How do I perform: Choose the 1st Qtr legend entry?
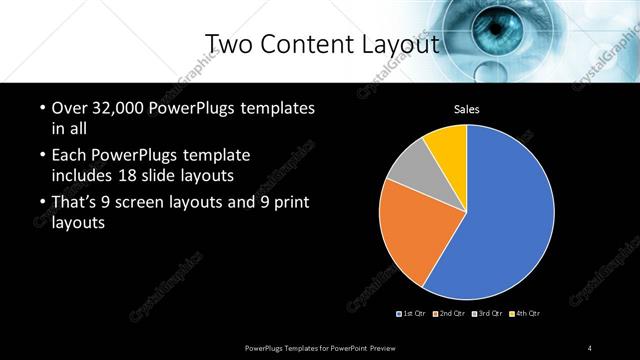pyautogui.click(x=411, y=314)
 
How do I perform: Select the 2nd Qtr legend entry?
pyautogui.click(x=450, y=314)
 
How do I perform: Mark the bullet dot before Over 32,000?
pyautogui.click(x=40, y=108)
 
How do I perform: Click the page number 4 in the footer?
pyautogui.click(x=591, y=347)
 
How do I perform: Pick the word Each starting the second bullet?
pyautogui.click(x=67, y=156)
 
